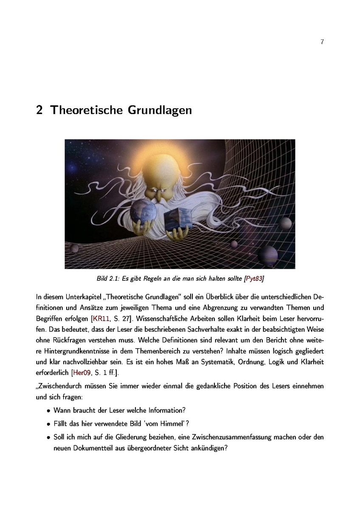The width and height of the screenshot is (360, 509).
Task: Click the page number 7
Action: coord(322,42)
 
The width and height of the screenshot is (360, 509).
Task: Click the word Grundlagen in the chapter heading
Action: coord(158,110)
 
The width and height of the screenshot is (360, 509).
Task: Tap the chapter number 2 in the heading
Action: coord(39,110)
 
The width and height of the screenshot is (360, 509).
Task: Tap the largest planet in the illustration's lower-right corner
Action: coord(267,255)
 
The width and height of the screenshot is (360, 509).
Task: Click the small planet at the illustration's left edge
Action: coord(75,248)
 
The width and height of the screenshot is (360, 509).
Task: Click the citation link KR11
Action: coord(97,317)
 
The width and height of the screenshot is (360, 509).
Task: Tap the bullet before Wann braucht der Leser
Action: coord(49,411)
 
